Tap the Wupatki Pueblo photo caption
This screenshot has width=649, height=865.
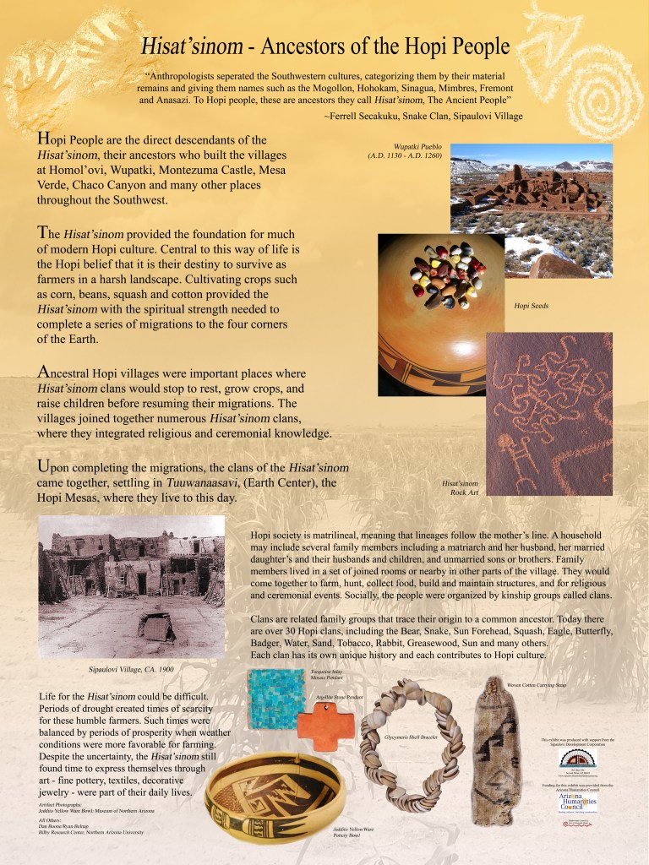coord(404,151)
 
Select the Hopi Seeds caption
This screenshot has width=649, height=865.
coord(532,305)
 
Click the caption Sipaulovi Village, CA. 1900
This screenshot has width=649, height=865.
coord(131,669)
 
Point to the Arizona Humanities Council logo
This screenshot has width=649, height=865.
coord(578,799)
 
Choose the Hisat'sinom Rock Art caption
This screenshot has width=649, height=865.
coord(461,487)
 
